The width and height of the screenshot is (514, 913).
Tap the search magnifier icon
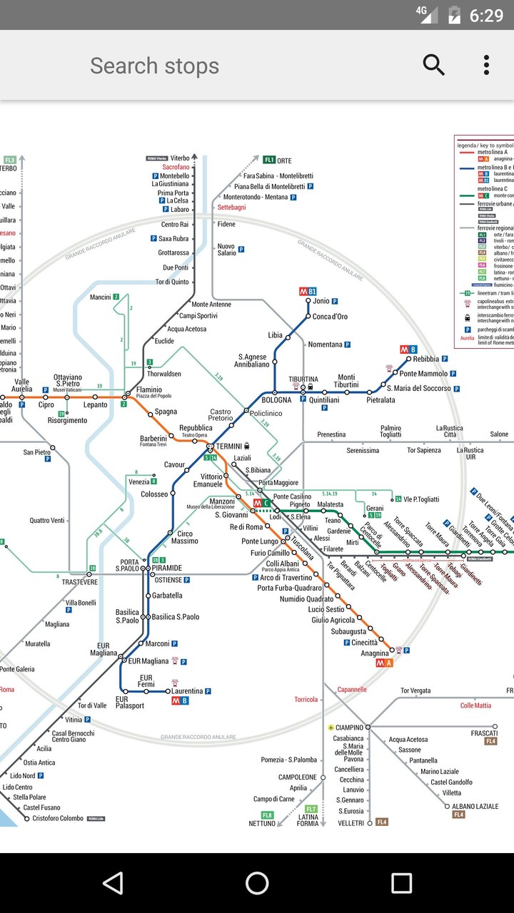[x=433, y=65]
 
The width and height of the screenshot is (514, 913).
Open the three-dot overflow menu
[x=486, y=65]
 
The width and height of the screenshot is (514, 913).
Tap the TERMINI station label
[x=229, y=446]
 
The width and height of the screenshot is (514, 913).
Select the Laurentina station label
[x=186, y=690]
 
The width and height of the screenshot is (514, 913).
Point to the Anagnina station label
[x=375, y=653]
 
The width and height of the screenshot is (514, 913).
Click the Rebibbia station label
[x=425, y=359]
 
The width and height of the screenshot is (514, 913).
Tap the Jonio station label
[x=321, y=301]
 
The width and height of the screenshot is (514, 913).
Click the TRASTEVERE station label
[x=79, y=582]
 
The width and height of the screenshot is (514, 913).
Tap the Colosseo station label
[x=154, y=494]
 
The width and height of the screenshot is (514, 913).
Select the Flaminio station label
[x=149, y=389]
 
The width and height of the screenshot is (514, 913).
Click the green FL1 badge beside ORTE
[x=269, y=160]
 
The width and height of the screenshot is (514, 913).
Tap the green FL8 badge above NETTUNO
[x=267, y=815]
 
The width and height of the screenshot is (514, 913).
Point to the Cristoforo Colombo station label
[x=58, y=818]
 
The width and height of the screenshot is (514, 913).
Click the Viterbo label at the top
[x=180, y=158]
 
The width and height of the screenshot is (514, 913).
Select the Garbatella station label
[x=167, y=595]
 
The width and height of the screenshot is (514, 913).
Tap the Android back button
[x=113, y=883]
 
